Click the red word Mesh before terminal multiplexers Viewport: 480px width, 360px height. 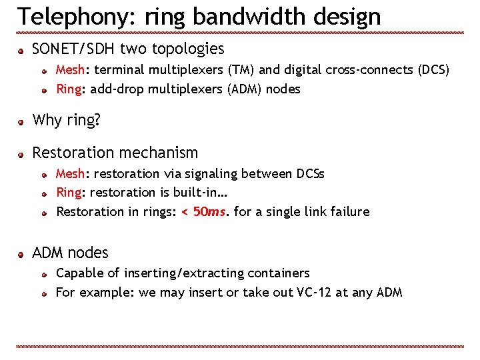(x=69, y=70)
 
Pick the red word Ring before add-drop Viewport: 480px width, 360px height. (x=69, y=89)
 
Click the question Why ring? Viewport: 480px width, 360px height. (x=66, y=121)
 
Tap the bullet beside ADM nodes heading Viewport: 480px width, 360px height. (x=21, y=254)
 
